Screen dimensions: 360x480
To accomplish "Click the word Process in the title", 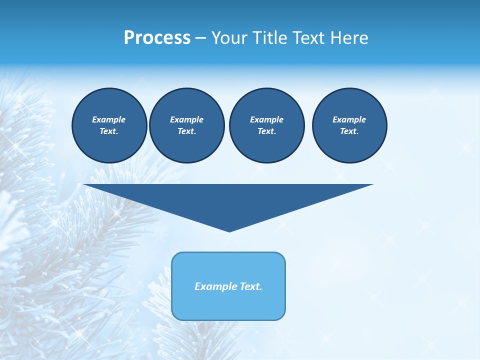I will (157, 38).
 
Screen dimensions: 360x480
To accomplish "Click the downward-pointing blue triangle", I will (228, 200).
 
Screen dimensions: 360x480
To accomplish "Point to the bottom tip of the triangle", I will (229, 230).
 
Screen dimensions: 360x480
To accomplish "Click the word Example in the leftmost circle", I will (109, 119).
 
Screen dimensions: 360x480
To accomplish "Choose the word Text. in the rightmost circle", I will (349, 131).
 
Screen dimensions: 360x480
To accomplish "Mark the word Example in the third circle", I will (266, 119).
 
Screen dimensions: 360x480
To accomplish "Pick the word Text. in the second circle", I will (186, 131).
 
